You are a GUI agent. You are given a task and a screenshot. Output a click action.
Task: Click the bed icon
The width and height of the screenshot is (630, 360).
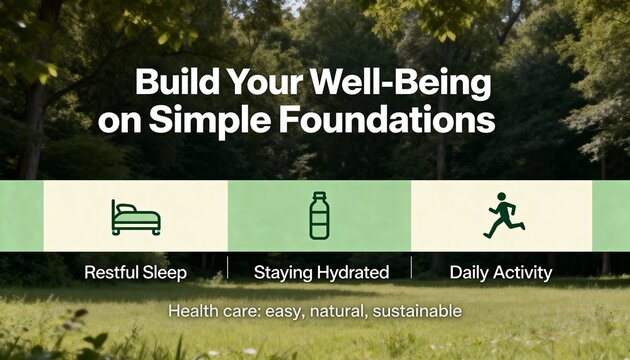(x=135, y=217)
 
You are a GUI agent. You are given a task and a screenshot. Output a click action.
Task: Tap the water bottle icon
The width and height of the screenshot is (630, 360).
(x=319, y=216)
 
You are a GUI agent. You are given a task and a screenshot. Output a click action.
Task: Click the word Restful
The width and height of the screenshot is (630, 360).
(x=113, y=271)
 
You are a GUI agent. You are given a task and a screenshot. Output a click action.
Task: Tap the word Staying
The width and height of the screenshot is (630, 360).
(x=282, y=271)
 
